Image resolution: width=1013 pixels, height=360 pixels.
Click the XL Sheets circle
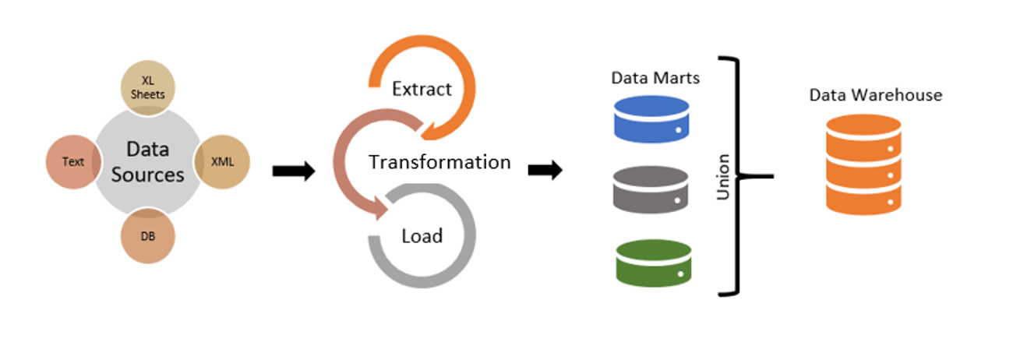point(148,88)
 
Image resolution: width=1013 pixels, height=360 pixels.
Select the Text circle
point(74,162)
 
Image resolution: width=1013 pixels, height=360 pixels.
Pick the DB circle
point(148,235)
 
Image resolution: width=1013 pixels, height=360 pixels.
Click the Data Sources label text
point(147,161)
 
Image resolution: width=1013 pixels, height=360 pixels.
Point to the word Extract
point(422,89)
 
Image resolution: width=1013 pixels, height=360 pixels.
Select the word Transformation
point(439,162)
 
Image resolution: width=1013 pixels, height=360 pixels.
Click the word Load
point(422,235)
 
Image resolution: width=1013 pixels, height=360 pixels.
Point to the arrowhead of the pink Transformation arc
point(379,208)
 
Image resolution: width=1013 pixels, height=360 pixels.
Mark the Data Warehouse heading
point(876,95)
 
